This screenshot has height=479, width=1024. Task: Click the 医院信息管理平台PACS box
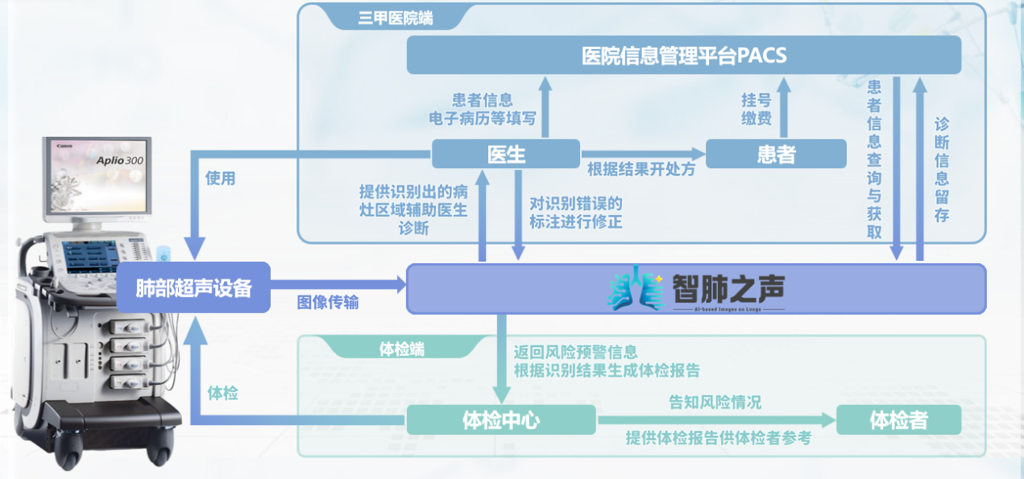684,56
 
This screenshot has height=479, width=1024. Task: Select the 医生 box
506,154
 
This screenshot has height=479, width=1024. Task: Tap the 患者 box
776,154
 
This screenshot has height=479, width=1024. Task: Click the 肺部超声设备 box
193,287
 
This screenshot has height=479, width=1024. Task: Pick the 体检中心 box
500,420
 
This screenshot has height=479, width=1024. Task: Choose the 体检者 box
898,420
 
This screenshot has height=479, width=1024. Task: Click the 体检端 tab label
402,349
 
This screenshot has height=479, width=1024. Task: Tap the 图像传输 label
328,303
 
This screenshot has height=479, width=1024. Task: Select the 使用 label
220,178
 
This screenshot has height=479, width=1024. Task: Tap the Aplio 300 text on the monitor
119,160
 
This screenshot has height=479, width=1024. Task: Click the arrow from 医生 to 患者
642,153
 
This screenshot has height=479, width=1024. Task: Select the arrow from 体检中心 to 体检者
715,420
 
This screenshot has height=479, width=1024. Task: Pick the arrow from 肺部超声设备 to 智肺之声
338,284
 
